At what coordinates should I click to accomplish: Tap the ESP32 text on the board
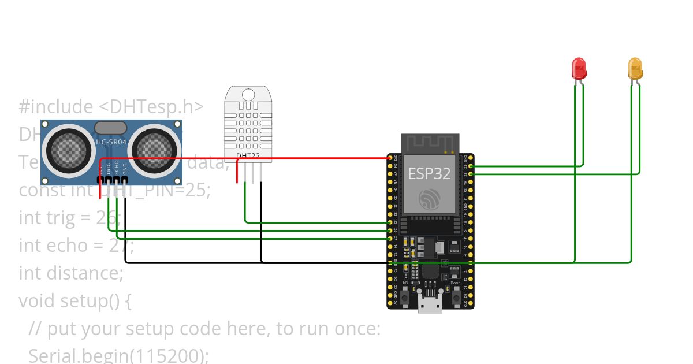(x=429, y=173)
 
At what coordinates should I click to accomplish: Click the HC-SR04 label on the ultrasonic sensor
(x=111, y=142)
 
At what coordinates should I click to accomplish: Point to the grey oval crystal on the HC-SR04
(x=111, y=128)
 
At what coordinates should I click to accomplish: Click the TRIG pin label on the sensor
(x=108, y=168)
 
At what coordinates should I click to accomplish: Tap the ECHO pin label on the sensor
(x=117, y=168)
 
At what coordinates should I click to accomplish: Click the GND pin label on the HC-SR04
(x=125, y=168)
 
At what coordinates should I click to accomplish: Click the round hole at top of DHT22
(x=248, y=94)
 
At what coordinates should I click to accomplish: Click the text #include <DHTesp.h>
(x=111, y=107)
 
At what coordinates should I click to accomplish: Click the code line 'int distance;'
(x=71, y=272)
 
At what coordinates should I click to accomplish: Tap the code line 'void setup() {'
(x=75, y=300)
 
